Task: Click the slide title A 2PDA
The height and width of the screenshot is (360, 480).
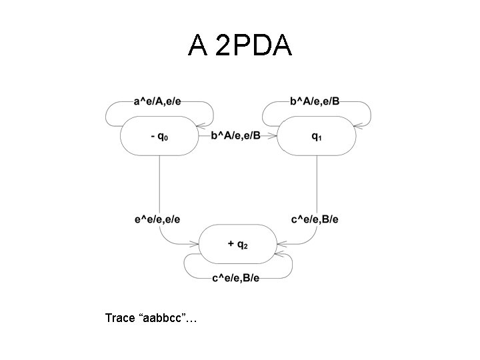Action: pyautogui.click(x=239, y=45)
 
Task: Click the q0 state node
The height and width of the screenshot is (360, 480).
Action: pyautogui.click(x=159, y=135)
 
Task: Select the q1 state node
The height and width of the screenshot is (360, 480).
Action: pyautogui.click(x=316, y=135)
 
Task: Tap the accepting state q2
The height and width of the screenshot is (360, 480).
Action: pyautogui.click(x=238, y=245)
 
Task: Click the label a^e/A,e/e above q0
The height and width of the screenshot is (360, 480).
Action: pyautogui.click(x=157, y=101)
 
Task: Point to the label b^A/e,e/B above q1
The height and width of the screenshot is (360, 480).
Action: pyautogui.click(x=315, y=101)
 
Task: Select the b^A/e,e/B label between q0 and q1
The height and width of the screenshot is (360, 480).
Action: pyautogui.click(x=236, y=136)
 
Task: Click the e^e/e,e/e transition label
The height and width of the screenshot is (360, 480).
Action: pyautogui.click(x=157, y=219)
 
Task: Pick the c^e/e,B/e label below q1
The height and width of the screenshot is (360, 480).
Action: pyautogui.click(x=315, y=219)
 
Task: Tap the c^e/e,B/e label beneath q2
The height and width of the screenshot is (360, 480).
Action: pyautogui.click(x=236, y=278)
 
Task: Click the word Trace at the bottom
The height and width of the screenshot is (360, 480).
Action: pyautogui.click(x=119, y=318)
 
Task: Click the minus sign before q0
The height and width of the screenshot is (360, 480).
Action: pyautogui.click(x=153, y=136)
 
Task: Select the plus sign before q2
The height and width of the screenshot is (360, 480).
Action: pyautogui.click(x=231, y=245)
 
